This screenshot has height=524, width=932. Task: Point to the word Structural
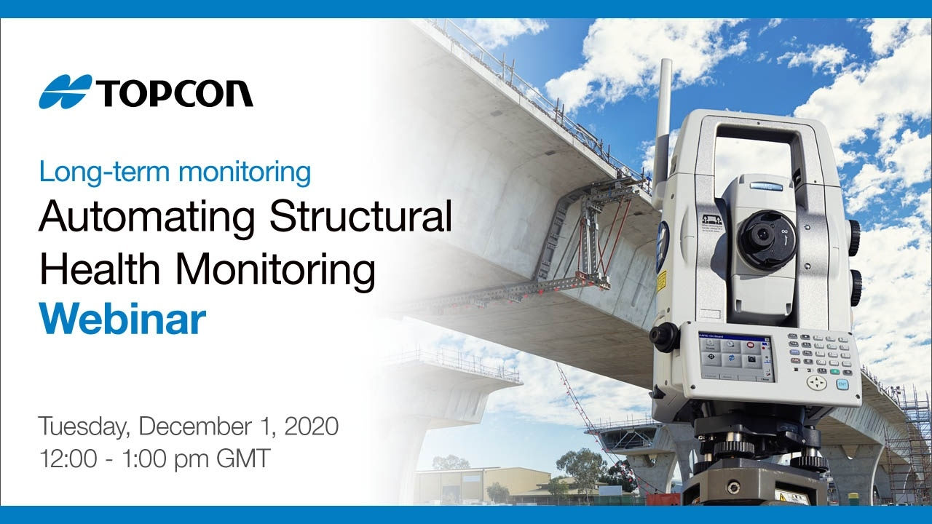360,218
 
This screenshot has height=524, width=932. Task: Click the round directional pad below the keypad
817,383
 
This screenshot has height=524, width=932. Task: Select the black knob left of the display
664,338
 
